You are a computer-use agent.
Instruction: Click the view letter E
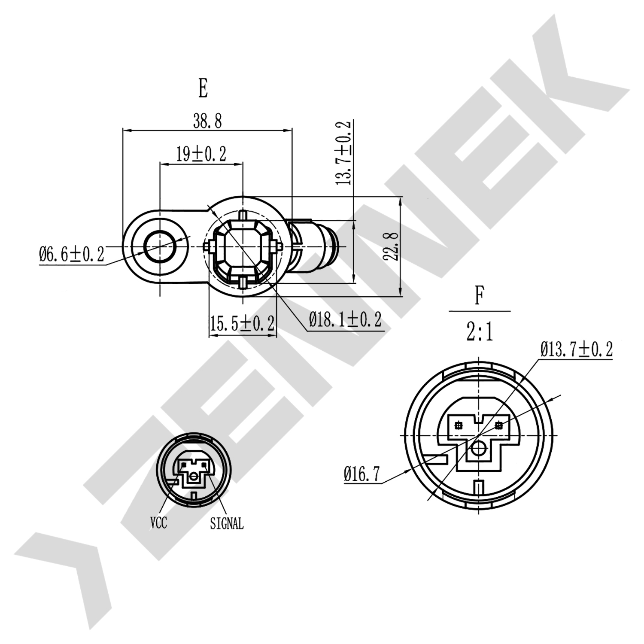coord(203,88)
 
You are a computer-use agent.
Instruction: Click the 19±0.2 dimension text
coord(201,154)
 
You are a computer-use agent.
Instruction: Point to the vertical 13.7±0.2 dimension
coord(343,152)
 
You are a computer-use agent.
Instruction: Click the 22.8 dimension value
coord(391,246)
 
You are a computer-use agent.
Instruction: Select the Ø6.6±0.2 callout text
coord(71,254)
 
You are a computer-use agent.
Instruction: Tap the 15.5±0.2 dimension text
coord(242,323)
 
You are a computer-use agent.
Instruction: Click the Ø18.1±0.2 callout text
coord(346,319)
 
